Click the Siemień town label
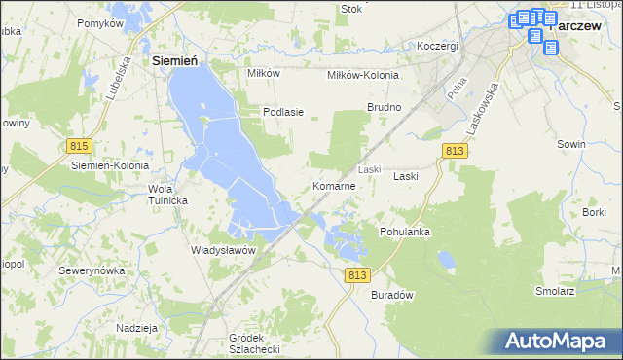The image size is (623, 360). pos(176,60)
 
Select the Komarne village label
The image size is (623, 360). pos(333,186)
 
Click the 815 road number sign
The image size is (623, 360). pos(80,145)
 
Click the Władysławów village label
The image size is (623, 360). pos(223,250)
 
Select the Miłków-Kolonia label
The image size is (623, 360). pos(361,74)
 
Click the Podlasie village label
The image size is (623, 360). pos(283,112)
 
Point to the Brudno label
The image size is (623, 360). pos(384,106)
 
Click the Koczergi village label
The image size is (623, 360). pos(437,46)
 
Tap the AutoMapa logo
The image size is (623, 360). pos(560,342)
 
